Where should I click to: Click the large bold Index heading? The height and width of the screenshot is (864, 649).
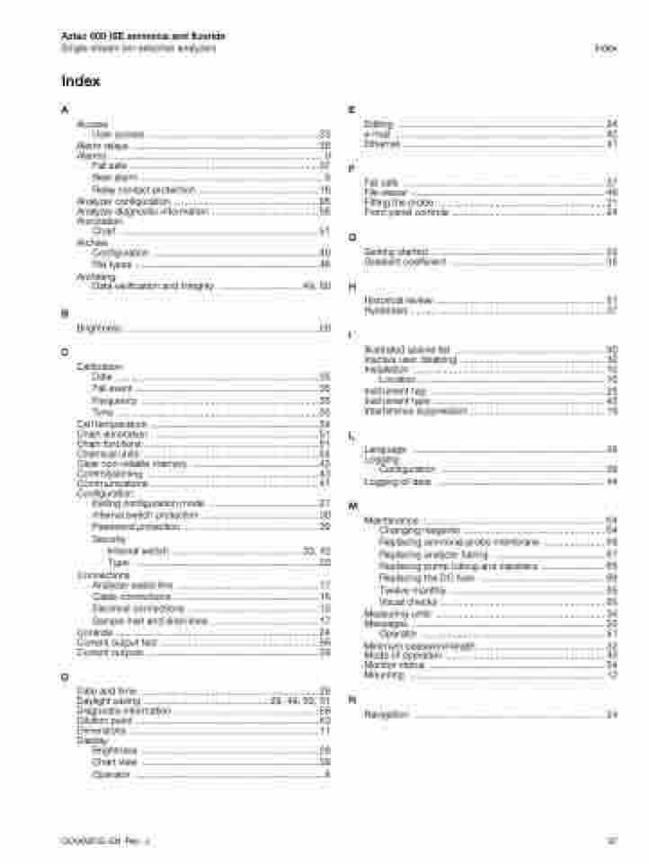click(x=80, y=82)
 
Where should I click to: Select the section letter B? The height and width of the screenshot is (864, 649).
click(x=64, y=313)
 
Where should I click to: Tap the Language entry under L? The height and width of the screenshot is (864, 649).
click(x=386, y=449)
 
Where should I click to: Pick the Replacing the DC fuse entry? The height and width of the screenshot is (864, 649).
click(x=420, y=578)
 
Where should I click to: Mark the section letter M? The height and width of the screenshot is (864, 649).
click(x=353, y=507)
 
